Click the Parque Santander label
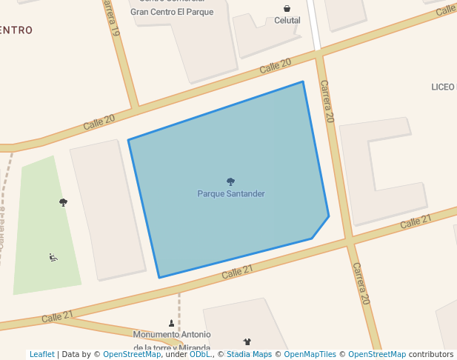click(x=230, y=194)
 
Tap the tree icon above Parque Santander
click(x=230, y=181)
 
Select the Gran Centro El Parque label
click(x=171, y=12)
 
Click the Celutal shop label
click(x=287, y=21)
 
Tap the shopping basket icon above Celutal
click(x=287, y=9)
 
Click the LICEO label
click(x=443, y=87)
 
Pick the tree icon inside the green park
click(x=63, y=202)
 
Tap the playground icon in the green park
click(x=53, y=258)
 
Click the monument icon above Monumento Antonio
click(x=172, y=323)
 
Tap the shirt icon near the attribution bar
click(x=247, y=341)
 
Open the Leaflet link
click(x=41, y=355)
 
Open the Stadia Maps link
click(x=249, y=355)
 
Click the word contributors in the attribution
click(x=431, y=355)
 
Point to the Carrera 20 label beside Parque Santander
click(x=327, y=101)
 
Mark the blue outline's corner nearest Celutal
click(x=303, y=81)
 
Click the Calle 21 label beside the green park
click(x=57, y=316)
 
